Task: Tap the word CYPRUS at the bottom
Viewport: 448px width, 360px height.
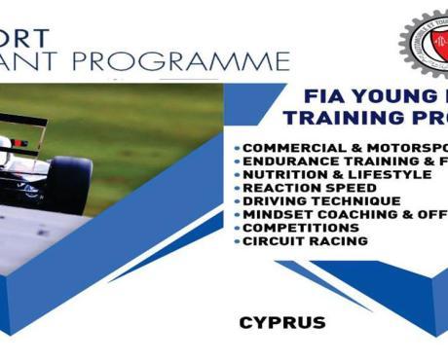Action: click(281, 321)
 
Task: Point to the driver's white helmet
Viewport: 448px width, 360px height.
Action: click(5, 146)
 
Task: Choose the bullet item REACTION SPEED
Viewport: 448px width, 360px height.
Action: click(310, 188)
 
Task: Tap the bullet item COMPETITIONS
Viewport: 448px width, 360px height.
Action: click(301, 228)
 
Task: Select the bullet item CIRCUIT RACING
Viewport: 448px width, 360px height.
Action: click(306, 240)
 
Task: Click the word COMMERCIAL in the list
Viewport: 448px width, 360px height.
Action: click(290, 147)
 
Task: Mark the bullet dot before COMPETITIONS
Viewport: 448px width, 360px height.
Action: click(238, 228)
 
